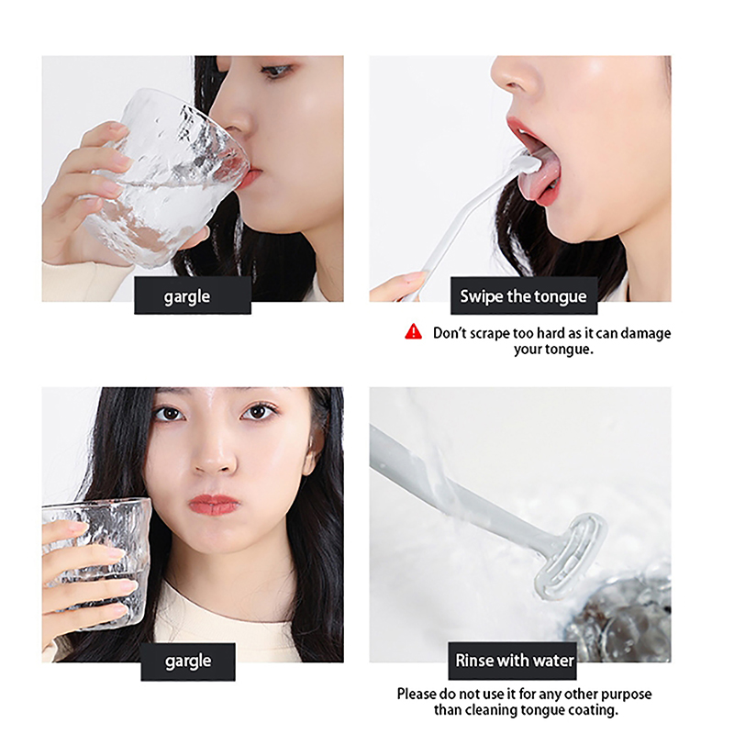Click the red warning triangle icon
point(414,331)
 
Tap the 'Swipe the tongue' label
point(523,295)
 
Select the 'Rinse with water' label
point(513,661)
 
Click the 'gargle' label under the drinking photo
point(193,295)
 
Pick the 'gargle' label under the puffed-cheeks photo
point(188,662)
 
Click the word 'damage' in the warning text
point(646,333)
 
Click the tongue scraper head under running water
point(570,556)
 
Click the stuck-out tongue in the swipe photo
point(539,178)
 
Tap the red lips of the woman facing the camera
point(214,506)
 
